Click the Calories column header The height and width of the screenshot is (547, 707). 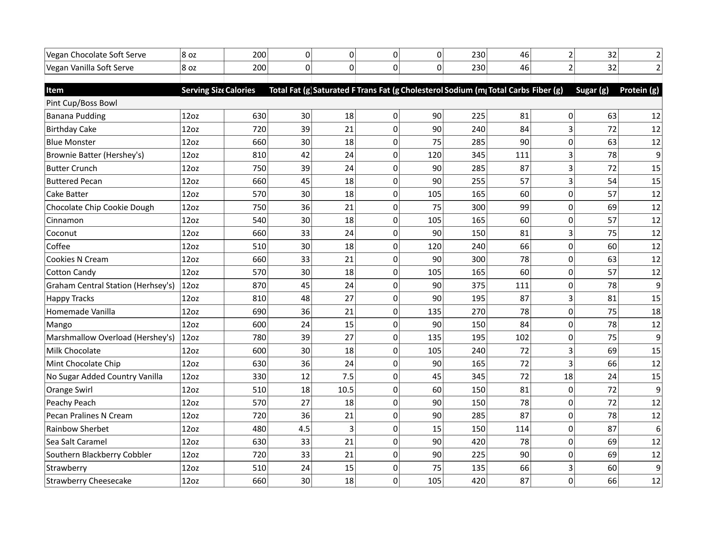click(240, 90)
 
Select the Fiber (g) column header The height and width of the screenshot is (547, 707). click(548, 90)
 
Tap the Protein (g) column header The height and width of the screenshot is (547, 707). click(639, 90)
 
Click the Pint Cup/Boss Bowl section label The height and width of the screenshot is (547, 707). click(82, 103)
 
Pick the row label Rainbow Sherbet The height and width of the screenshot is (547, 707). click(78, 429)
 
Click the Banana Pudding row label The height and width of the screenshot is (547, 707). click(76, 116)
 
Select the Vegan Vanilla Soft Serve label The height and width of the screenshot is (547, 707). click(90, 68)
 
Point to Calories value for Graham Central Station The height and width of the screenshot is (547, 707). click(259, 285)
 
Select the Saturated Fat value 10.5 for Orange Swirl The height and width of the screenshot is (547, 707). click(346, 390)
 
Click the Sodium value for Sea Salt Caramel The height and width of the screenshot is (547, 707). click(478, 442)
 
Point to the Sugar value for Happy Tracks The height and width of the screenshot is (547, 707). click(612, 299)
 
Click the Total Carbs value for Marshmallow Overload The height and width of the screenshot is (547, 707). click(522, 338)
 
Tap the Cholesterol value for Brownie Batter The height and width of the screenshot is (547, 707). click(434, 155)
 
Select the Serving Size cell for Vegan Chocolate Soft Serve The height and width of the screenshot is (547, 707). click(189, 55)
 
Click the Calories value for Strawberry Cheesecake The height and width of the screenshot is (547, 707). click(259, 481)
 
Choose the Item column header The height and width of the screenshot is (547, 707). click(55, 90)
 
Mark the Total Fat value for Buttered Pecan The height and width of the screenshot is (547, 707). click(305, 181)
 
